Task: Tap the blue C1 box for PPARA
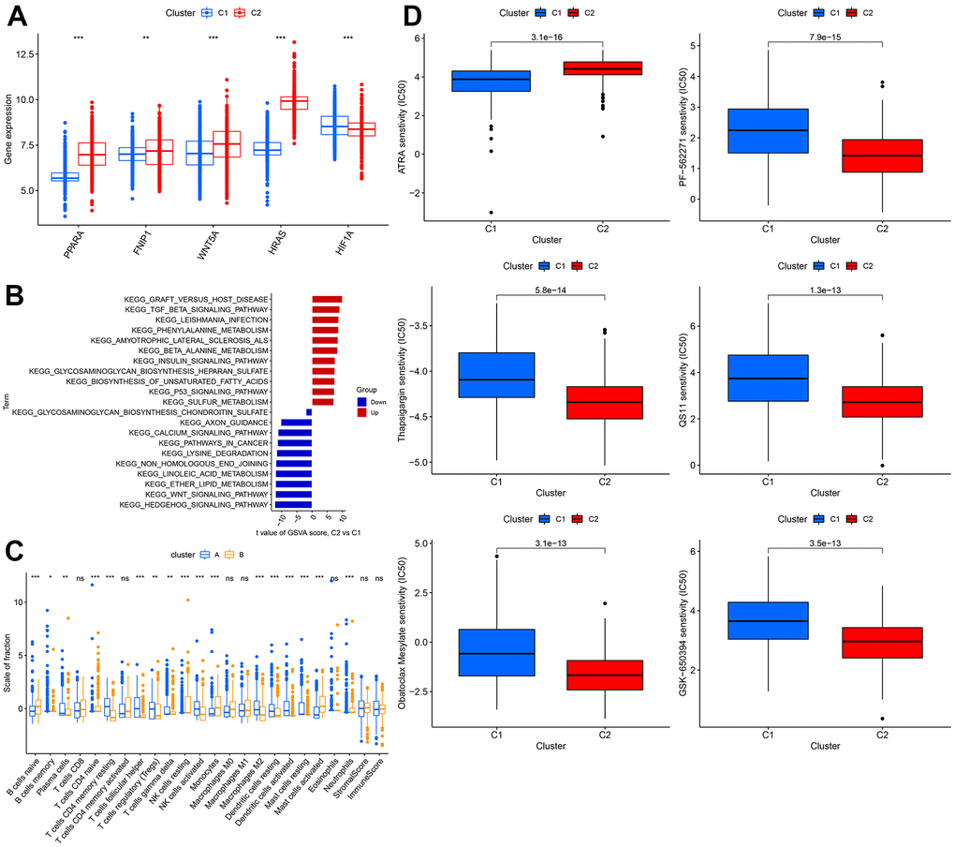tap(65, 177)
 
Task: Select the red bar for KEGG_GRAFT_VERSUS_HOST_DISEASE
tap(327, 300)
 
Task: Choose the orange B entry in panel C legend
tap(227, 554)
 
